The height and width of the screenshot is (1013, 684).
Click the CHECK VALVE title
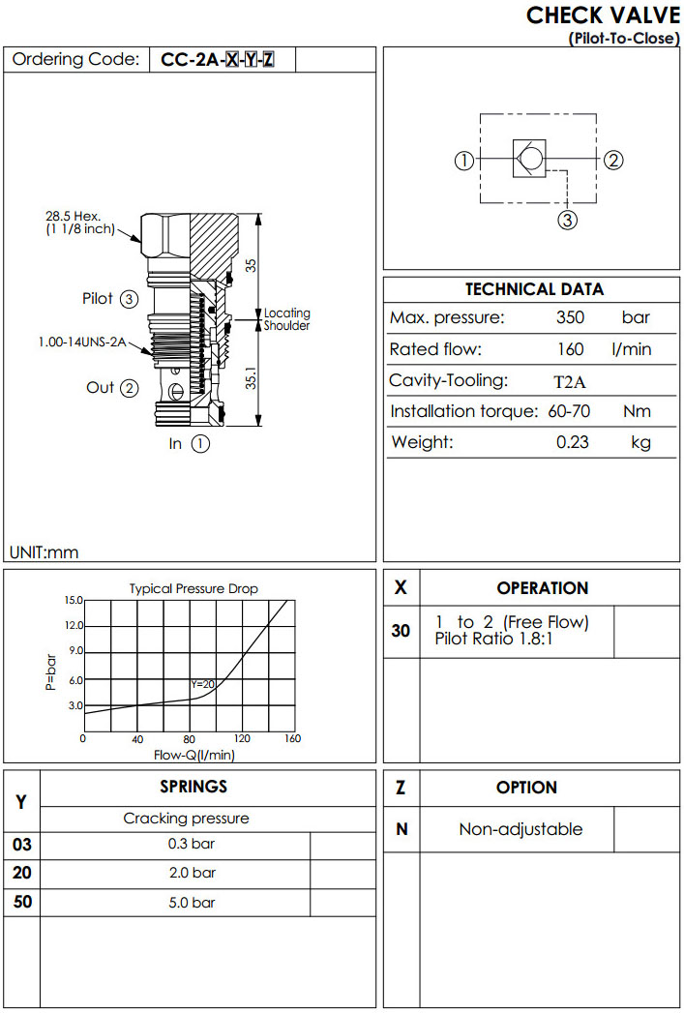click(x=603, y=15)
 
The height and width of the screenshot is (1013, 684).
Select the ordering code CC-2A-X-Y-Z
click(x=218, y=60)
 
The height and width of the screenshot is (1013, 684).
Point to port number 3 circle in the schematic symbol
click(x=568, y=221)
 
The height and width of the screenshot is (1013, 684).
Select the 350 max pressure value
click(x=570, y=318)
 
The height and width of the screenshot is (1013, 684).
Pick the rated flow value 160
click(x=570, y=349)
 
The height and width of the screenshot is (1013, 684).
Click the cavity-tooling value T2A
click(x=570, y=381)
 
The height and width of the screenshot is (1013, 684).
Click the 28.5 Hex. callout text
click(x=73, y=216)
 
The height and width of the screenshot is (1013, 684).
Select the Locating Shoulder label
click(x=287, y=319)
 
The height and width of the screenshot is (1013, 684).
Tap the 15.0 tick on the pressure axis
click(x=74, y=600)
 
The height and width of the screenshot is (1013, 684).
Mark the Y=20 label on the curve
click(x=202, y=684)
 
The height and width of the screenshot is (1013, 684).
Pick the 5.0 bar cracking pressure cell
click(x=192, y=903)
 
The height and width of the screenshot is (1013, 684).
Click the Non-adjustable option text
click(x=520, y=829)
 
